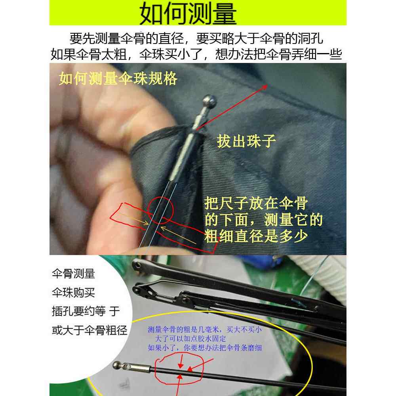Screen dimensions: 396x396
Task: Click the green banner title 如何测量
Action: coord(188,14)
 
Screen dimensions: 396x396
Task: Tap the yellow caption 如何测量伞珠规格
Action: coord(118,79)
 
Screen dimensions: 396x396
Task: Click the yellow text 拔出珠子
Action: coord(246,141)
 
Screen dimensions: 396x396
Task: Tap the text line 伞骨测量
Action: coord(73,274)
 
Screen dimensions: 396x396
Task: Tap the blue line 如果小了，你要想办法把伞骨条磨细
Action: coord(205,348)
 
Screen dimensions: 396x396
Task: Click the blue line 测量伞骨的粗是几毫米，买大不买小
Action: coord(204,329)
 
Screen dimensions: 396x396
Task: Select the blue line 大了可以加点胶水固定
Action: coord(190,339)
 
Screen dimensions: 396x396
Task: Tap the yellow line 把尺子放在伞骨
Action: coord(256,204)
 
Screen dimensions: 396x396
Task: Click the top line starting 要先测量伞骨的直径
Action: coord(196,39)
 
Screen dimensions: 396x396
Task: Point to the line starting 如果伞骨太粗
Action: coord(196,54)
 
